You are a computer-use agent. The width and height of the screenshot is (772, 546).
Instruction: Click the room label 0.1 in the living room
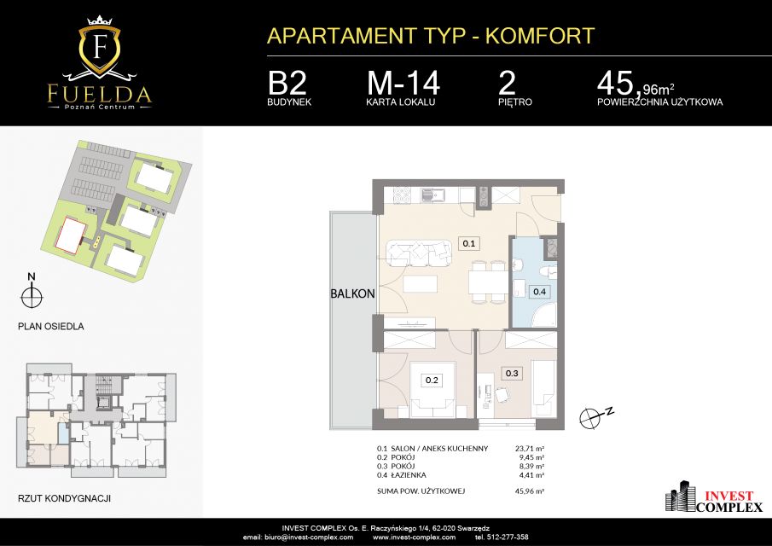pos(468,243)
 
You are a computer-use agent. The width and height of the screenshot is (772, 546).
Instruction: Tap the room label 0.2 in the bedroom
pos(432,380)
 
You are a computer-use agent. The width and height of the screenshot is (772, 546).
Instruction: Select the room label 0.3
pos(512,373)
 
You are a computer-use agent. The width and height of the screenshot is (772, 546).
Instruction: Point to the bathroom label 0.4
pos(540,292)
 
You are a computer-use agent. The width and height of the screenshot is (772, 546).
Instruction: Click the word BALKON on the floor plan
pos(352,293)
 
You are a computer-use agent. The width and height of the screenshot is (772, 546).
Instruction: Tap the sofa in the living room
pos(419,252)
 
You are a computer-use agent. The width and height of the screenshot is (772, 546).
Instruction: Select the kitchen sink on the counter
pos(433,195)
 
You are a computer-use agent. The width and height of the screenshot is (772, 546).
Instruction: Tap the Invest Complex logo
pos(714,497)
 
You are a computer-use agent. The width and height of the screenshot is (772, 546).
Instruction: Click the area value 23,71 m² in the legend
pos(529,449)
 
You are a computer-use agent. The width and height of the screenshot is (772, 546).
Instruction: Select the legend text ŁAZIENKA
pos(408,475)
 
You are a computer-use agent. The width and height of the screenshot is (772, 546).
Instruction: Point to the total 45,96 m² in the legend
pos(529,491)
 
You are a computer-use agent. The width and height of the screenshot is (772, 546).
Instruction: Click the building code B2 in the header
pos(287,84)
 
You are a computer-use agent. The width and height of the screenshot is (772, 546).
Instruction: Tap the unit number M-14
pos(403,84)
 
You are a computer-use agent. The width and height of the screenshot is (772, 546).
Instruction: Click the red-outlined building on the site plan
pos(72,235)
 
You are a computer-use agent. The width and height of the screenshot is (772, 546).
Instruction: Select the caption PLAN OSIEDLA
pos(50,327)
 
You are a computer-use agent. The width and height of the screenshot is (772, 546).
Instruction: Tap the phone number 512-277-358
pos(508,537)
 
